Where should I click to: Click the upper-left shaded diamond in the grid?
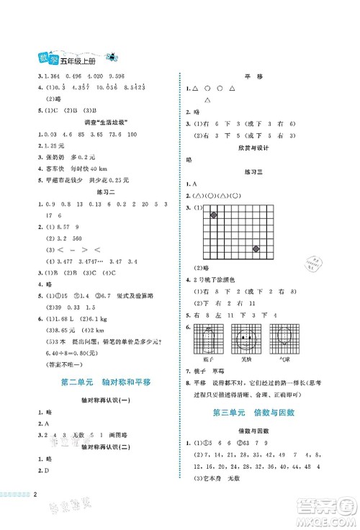[x=213, y=215]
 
